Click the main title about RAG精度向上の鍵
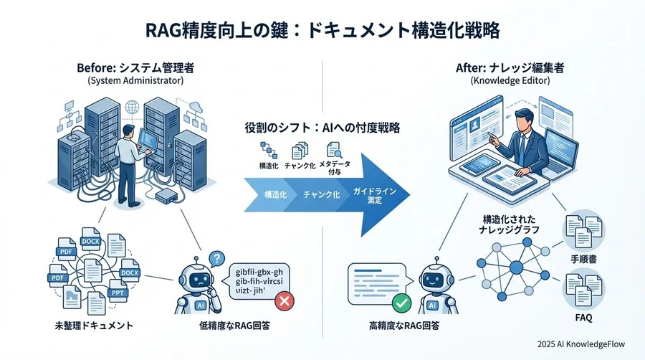pos(322,31)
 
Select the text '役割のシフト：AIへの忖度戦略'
pos(322,128)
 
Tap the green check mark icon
pos(402,303)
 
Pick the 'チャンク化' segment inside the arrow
pos(320,195)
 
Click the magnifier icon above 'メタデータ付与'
pos(334,151)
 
